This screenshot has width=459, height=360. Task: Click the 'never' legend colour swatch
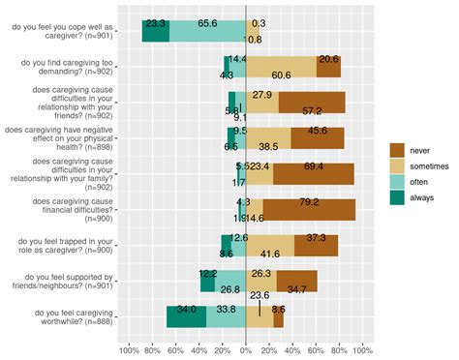click(397, 149)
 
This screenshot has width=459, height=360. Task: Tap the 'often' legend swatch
click(397, 181)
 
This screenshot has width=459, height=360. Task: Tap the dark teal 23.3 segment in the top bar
click(156, 30)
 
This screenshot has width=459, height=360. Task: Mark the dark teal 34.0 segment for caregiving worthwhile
click(186, 316)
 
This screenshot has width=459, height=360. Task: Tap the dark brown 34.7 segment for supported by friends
click(296, 281)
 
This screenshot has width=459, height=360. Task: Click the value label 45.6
click(317, 131)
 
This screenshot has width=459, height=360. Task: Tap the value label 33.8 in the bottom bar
click(225, 310)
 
